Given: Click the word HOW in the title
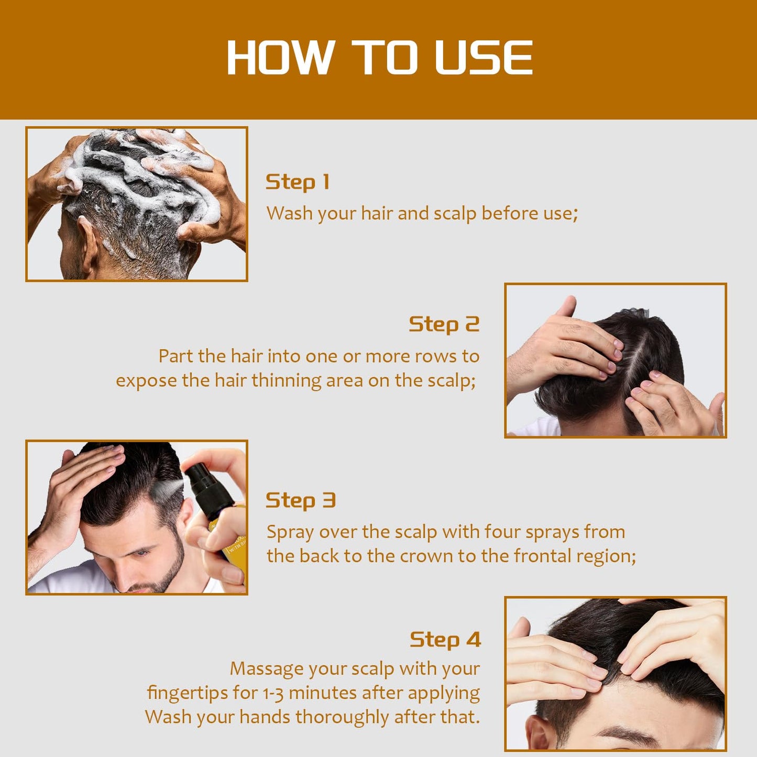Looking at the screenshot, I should pyautogui.click(x=280, y=58).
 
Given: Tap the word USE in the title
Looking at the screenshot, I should pyautogui.click(x=484, y=58).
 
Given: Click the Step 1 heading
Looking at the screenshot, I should pyautogui.click(x=297, y=182).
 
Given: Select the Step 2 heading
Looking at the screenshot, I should pyautogui.click(x=444, y=324).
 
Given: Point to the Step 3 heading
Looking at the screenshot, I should pyautogui.click(x=300, y=500).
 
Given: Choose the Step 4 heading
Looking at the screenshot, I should pyautogui.click(x=445, y=640).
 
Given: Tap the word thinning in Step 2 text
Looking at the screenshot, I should pyautogui.click(x=286, y=380).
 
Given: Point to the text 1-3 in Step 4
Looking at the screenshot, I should pyautogui.click(x=273, y=693).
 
